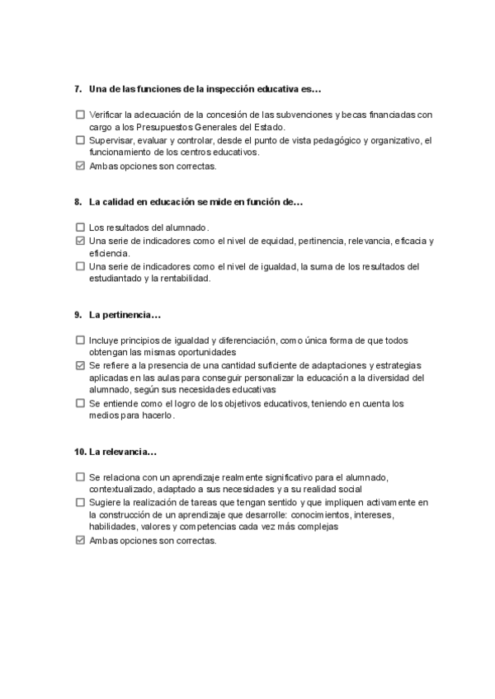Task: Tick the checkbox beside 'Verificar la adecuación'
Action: (80, 115)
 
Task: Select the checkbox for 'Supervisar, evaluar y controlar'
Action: (80, 140)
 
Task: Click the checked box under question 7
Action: (80, 166)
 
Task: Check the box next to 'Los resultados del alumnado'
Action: (80, 227)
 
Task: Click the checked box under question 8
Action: (80, 241)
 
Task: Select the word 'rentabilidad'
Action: (186, 279)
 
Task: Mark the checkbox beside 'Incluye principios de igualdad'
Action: (80, 340)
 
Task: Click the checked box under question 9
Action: (80, 365)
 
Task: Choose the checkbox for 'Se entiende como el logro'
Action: (80, 403)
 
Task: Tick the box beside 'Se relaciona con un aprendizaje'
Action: (80, 476)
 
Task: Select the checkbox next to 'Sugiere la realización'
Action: (80, 502)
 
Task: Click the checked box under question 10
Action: (80, 541)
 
